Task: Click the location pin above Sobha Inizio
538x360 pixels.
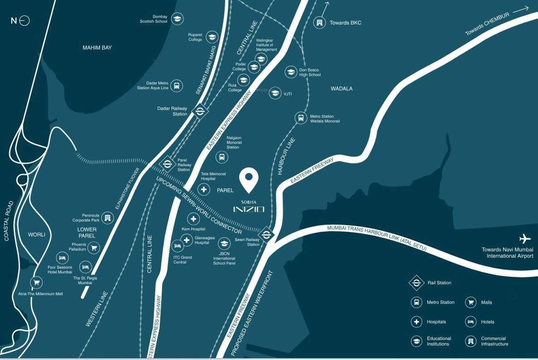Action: click(249, 179)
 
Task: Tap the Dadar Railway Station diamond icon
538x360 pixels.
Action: click(200, 111)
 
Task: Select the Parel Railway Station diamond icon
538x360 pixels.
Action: click(167, 164)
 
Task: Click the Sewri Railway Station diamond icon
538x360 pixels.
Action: click(266, 233)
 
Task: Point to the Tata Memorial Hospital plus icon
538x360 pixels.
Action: click(204, 189)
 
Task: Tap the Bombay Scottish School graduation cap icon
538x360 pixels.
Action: click(177, 19)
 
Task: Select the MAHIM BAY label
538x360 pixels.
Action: click(97, 48)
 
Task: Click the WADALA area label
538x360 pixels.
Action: click(341, 89)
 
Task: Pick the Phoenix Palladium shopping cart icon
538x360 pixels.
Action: click(94, 247)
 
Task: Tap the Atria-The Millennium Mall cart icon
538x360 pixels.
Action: click(36, 282)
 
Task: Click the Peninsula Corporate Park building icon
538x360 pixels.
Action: click(108, 217)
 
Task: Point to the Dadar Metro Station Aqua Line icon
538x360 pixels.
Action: click(176, 85)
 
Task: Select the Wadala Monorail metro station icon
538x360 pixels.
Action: click(301, 118)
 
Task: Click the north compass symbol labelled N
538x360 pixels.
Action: click(21, 21)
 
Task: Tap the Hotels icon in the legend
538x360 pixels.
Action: click(471, 322)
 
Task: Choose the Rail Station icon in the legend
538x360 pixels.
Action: click(416, 283)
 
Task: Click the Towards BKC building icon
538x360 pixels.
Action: click(319, 22)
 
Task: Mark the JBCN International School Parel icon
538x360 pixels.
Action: click(224, 243)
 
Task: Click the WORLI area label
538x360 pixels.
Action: click(37, 234)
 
